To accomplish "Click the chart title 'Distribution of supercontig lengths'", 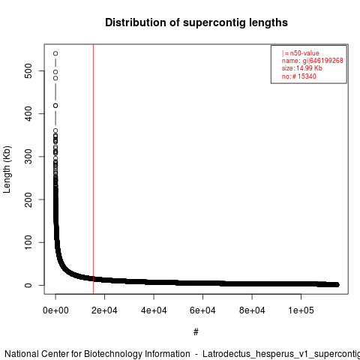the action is [x=196, y=22].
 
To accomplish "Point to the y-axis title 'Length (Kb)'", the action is [x=7, y=169].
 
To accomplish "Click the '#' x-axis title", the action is [x=196, y=332].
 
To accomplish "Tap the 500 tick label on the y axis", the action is [x=28, y=70].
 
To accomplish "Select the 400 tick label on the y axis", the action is [x=28, y=113].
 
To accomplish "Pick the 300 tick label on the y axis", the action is [x=28, y=157].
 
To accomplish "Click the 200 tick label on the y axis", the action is [x=28, y=199].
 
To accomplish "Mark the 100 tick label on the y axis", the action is [x=28, y=242].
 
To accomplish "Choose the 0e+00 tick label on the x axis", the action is [x=55, y=310].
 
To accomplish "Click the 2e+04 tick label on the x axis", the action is [x=104, y=310].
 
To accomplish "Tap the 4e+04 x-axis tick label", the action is [x=154, y=310].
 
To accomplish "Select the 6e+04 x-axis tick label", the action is [x=202, y=310].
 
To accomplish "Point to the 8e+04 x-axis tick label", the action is [x=252, y=310].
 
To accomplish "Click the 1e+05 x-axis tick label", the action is [x=301, y=310].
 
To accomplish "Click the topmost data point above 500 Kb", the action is [x=55, y=53].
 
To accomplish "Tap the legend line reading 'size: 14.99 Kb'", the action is [x=302, y=68].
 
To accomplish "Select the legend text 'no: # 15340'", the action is [x=299, y=76].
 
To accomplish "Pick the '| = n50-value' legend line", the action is [x=301, y=53].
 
